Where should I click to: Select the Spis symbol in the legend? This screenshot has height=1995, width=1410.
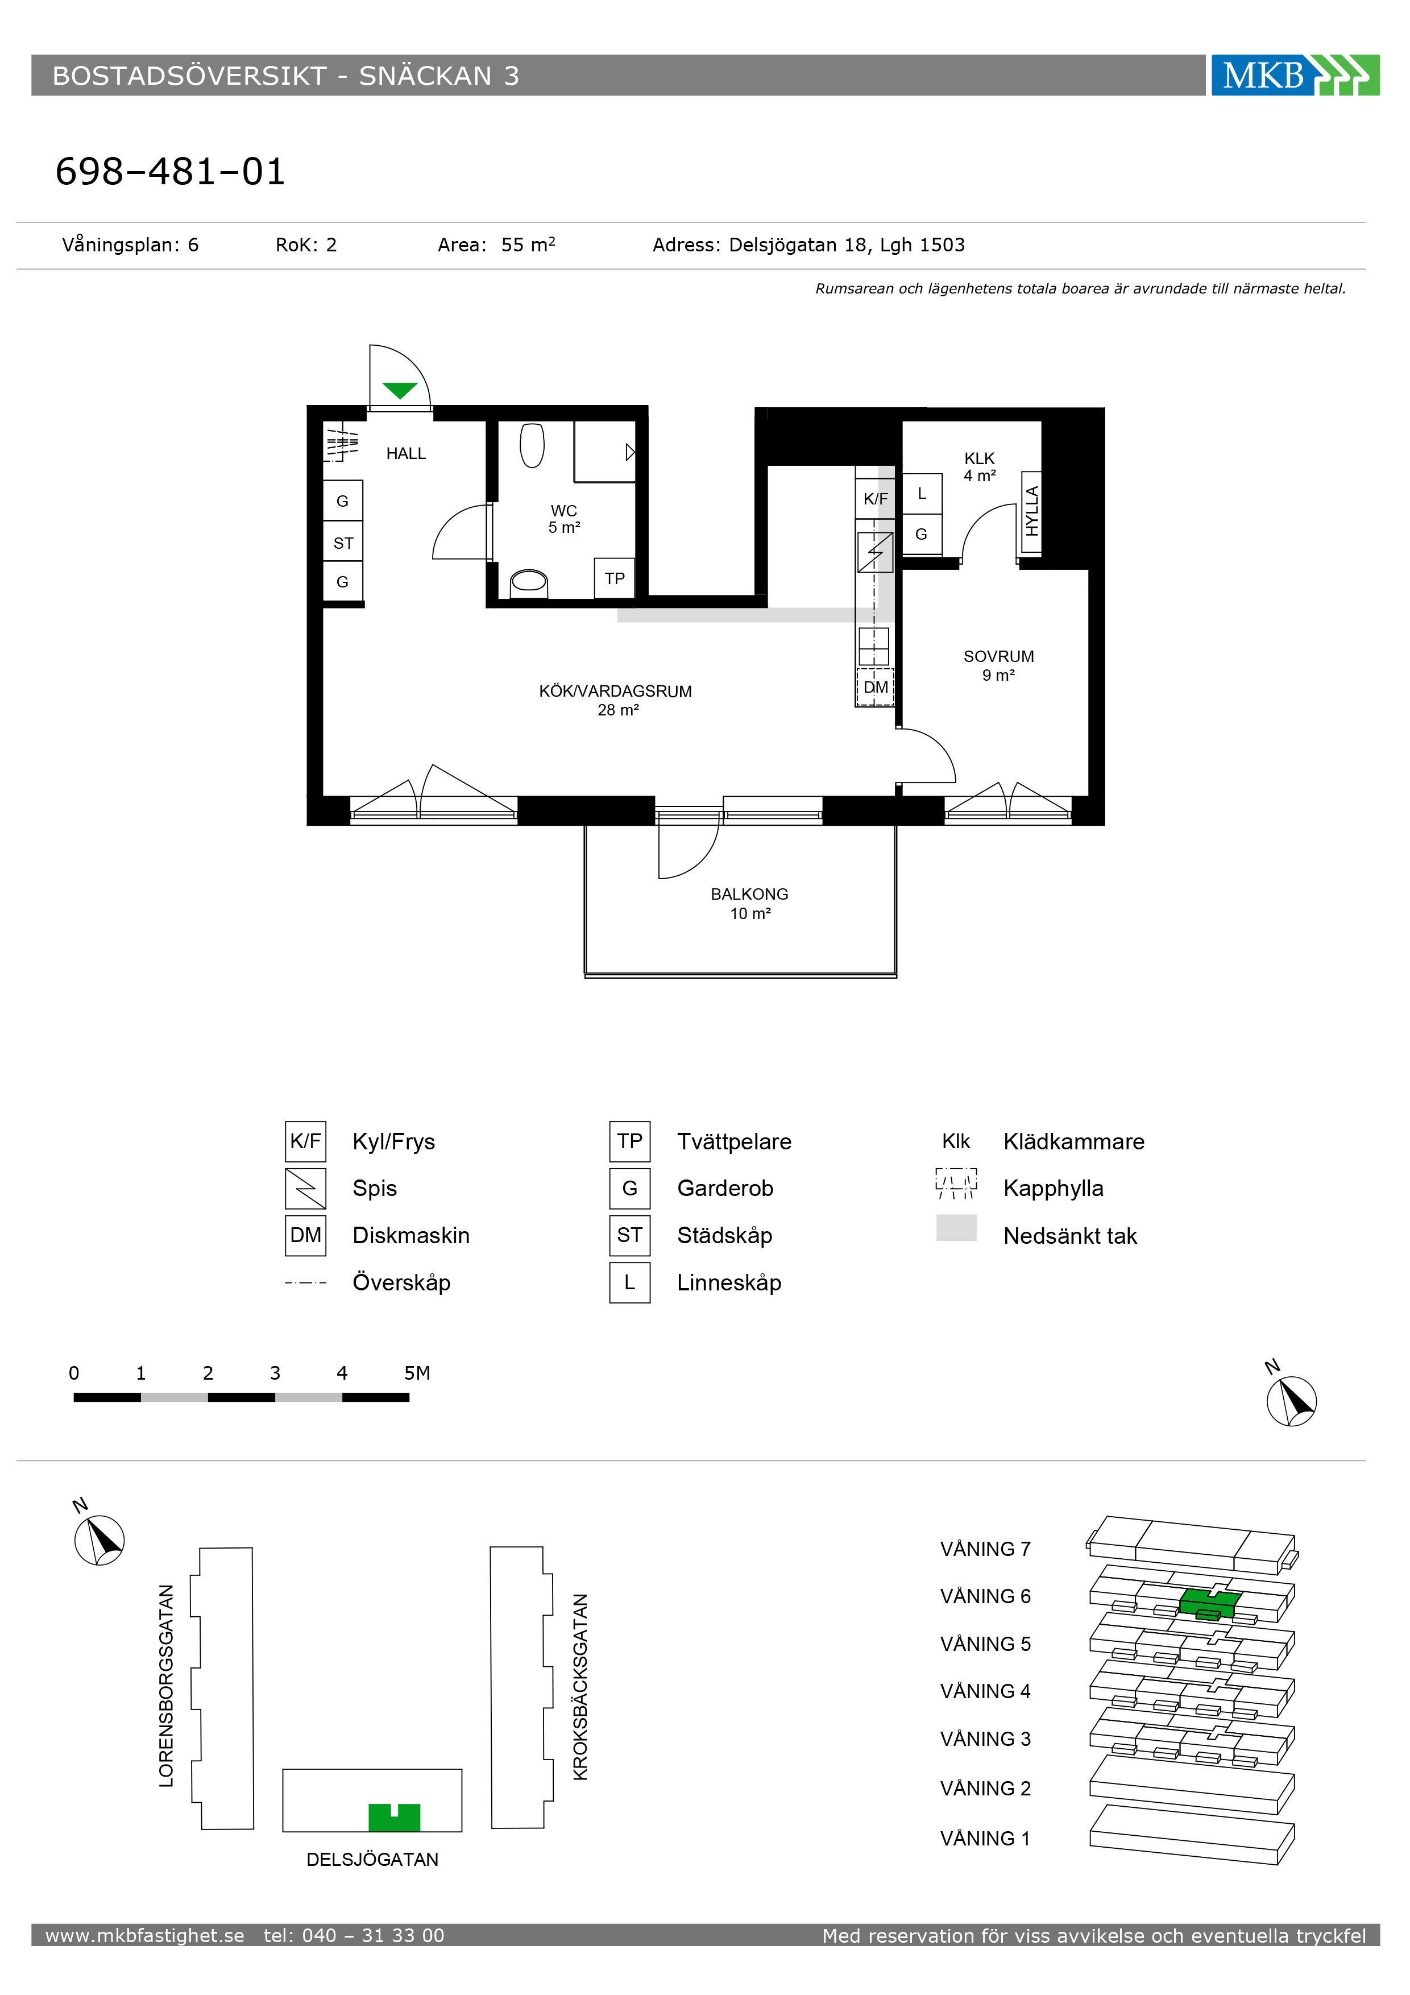(x=306, y=1189)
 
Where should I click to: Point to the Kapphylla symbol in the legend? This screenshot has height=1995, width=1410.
(x=956, y=1183)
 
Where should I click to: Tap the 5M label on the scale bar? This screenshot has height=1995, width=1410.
(x=417, y=1373)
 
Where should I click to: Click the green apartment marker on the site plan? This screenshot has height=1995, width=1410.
(x=395, y=1817)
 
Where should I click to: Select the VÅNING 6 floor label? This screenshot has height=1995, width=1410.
(x=985, y=1596)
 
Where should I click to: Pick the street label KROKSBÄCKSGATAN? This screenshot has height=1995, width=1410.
(x=580, y=1687)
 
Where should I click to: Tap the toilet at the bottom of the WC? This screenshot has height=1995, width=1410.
(x=528, y=582)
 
